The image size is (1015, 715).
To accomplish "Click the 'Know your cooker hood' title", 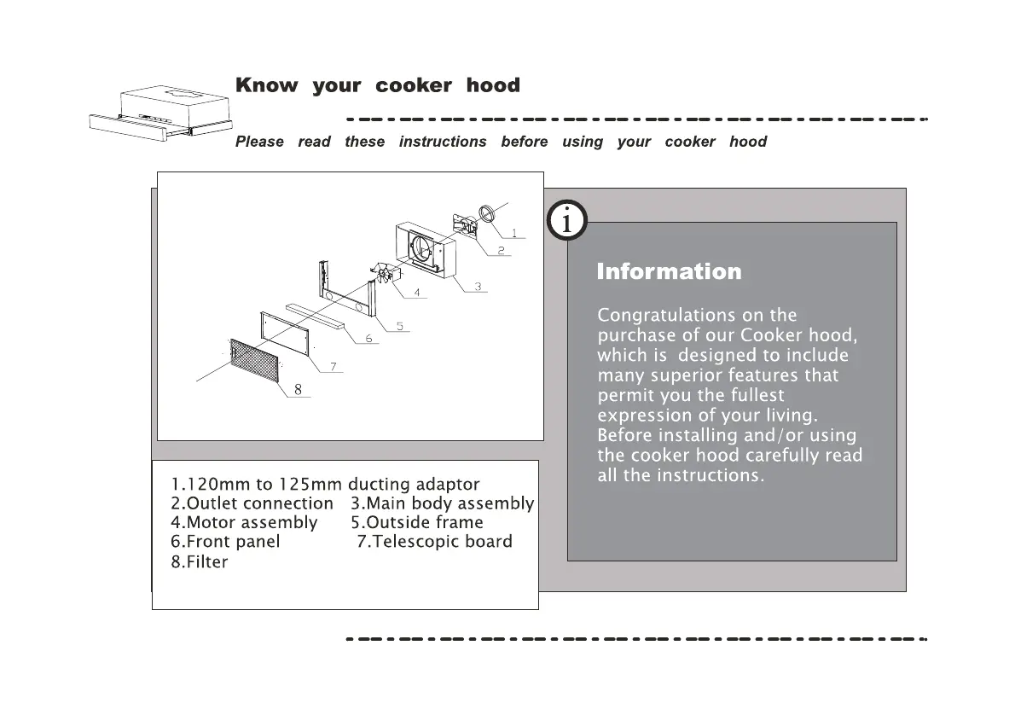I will click(377, 85).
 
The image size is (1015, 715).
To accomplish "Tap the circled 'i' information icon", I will click(565, 221).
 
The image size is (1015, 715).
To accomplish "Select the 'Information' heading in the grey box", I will click(669, 272).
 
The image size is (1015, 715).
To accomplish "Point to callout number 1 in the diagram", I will click(513, 232).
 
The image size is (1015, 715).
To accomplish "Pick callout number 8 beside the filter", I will click(298, 389).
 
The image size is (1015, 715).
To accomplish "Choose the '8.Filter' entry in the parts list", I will click(200, 561).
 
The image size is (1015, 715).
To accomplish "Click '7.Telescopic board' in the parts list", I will click(435, 542).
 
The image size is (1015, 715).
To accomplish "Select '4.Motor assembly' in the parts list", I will click(244, 522).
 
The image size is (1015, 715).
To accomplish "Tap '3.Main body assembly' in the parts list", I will click(442, 503).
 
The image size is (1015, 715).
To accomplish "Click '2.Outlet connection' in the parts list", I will click(252, 503).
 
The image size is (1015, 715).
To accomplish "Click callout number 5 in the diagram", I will click(400, 326).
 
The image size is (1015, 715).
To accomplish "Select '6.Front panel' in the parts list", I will click(225, 542).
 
